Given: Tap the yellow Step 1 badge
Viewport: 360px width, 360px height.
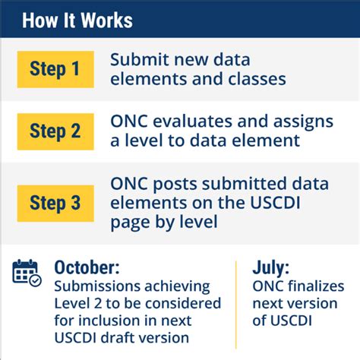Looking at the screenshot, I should tap(55, 69).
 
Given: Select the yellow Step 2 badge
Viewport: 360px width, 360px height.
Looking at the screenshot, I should tap(55, 131).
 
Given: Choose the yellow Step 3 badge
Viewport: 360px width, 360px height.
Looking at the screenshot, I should tap(55, 203).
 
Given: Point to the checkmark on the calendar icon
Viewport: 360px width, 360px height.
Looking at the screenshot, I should tap(35, 280).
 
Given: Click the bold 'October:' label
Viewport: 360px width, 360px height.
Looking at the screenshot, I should tap(86, 267).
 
